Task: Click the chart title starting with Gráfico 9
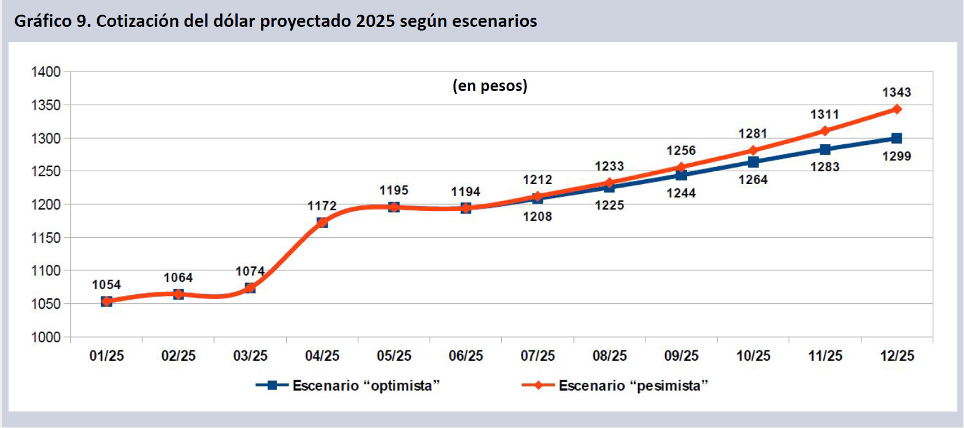276,21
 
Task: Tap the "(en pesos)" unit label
490,86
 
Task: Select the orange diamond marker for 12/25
897,109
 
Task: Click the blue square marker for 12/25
897,138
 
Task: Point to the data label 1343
897,92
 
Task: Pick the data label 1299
897,157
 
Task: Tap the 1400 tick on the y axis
46,72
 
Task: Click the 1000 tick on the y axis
46,337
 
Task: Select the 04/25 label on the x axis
322,356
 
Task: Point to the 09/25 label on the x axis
682,356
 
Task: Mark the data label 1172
322,206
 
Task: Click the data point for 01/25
106,301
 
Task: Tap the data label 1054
106,285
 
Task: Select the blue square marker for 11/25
825,149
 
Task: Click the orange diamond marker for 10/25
753,150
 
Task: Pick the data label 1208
537,216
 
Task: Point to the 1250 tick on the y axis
46,171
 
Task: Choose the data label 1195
394,191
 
